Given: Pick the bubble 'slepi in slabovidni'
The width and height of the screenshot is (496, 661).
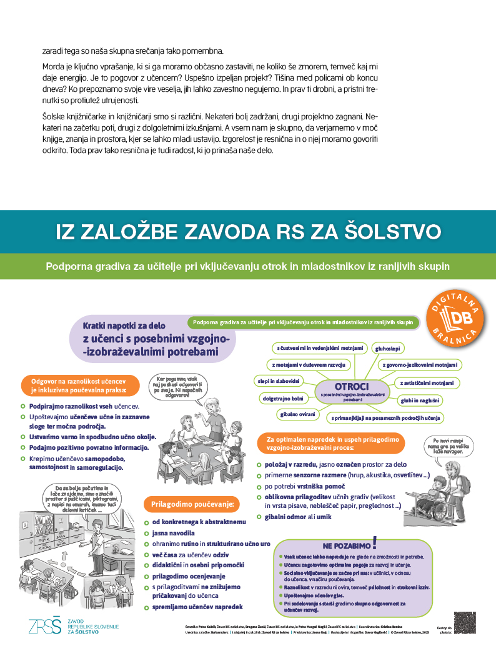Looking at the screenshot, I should [x=279, y=380].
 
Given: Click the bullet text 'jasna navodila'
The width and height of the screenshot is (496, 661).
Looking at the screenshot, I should [x=174, y=533].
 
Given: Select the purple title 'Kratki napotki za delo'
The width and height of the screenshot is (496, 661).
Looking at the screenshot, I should [x=126, y=325].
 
